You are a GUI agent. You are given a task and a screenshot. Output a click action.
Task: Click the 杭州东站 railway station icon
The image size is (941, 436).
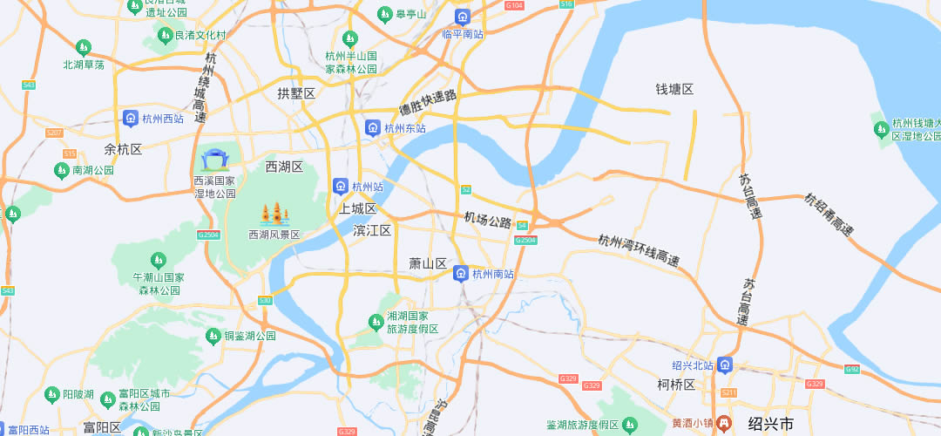[x=373, y=128]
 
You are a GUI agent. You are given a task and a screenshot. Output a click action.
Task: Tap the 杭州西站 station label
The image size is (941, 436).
[x=162, y=119]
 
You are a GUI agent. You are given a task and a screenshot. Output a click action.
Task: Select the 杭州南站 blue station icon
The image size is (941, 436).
[x=461, y=274]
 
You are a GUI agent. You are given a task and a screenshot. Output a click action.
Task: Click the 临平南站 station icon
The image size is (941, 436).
[x=461, y=17]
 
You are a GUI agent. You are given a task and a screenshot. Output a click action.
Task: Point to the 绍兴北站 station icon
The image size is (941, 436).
[x=726, y=365]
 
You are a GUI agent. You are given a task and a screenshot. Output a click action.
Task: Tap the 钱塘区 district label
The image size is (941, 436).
[x=674, y=90]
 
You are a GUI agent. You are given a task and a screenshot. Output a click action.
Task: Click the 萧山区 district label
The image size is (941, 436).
[x=428, y=263]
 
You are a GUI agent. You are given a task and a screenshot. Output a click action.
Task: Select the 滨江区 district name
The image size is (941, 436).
[x=372, y=230]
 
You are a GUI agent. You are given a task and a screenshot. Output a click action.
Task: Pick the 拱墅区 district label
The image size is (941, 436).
[x=295, y=93]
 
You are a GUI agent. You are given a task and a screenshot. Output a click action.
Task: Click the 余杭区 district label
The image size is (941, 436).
[x=122, y=149]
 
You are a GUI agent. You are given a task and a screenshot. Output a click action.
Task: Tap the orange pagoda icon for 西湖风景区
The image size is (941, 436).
[x=274, y=214]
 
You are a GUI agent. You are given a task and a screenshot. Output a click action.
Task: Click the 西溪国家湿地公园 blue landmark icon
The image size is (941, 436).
[x=214, y=160]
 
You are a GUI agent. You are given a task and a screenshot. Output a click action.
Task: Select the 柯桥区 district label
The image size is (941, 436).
[x=676, y=385]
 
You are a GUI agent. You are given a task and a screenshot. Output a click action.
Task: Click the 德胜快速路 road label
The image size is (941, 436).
[x=428, y=103]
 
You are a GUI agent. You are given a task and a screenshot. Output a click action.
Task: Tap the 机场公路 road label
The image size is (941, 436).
[x=487, y=221]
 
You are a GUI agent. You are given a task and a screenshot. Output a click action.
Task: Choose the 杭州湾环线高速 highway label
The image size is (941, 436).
[x=639, y=250]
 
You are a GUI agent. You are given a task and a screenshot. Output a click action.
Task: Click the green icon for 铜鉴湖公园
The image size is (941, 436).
[x=213, y=336]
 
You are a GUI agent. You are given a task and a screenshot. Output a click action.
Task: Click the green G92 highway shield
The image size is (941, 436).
[x=852, y=370]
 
